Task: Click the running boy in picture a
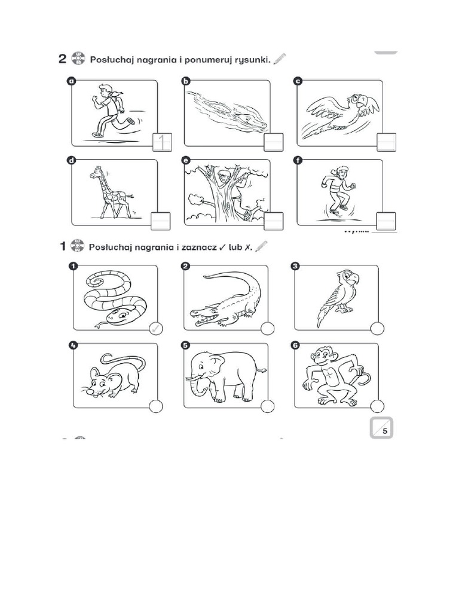tap(111, 111)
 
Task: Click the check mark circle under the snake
tap(155, 328)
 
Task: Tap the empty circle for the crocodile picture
tap(267, 328)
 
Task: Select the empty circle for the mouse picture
tap(155, 406)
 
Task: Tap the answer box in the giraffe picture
tap(161, 221)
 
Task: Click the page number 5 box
tap(381, 428)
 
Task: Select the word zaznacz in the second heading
tap(197, 246)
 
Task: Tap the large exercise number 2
tap(62, 59)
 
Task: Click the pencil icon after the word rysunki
tap(280, 59)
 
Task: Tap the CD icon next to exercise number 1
tap(78, 246)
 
